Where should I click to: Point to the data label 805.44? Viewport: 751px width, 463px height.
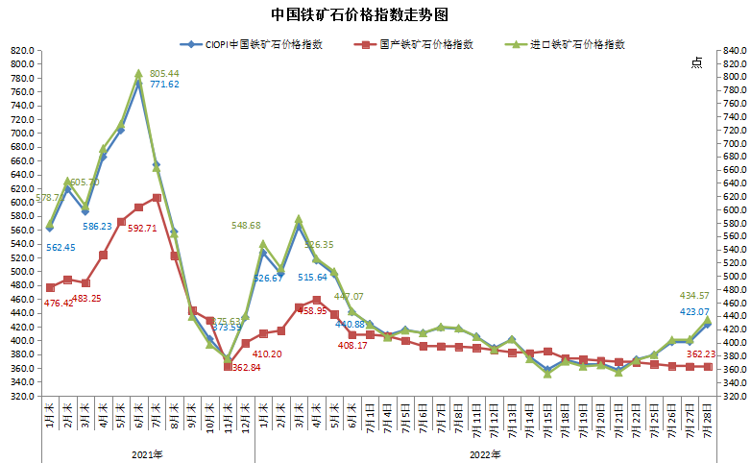point(164,73)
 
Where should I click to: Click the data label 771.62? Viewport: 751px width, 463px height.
point(164,85)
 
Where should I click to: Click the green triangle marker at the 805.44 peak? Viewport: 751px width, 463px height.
point(139,74)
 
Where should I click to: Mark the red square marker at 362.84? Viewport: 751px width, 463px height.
point(228,366)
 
